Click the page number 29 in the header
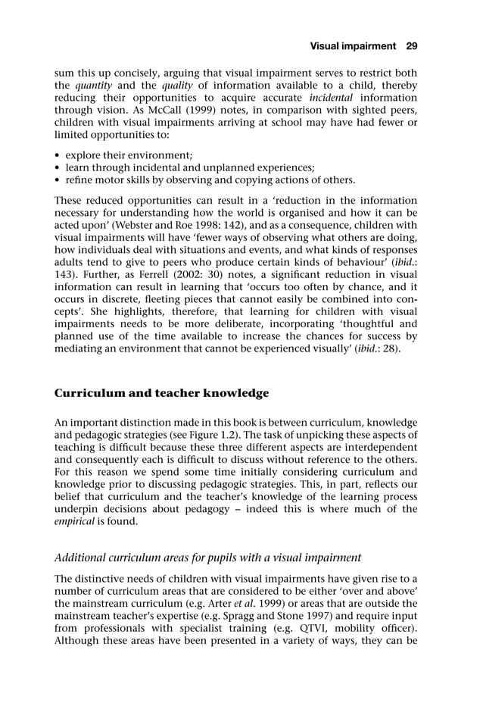[412, 46]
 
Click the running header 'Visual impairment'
[353, 46]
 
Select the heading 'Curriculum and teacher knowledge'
[161, 393]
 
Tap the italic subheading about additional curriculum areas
[207, 558]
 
